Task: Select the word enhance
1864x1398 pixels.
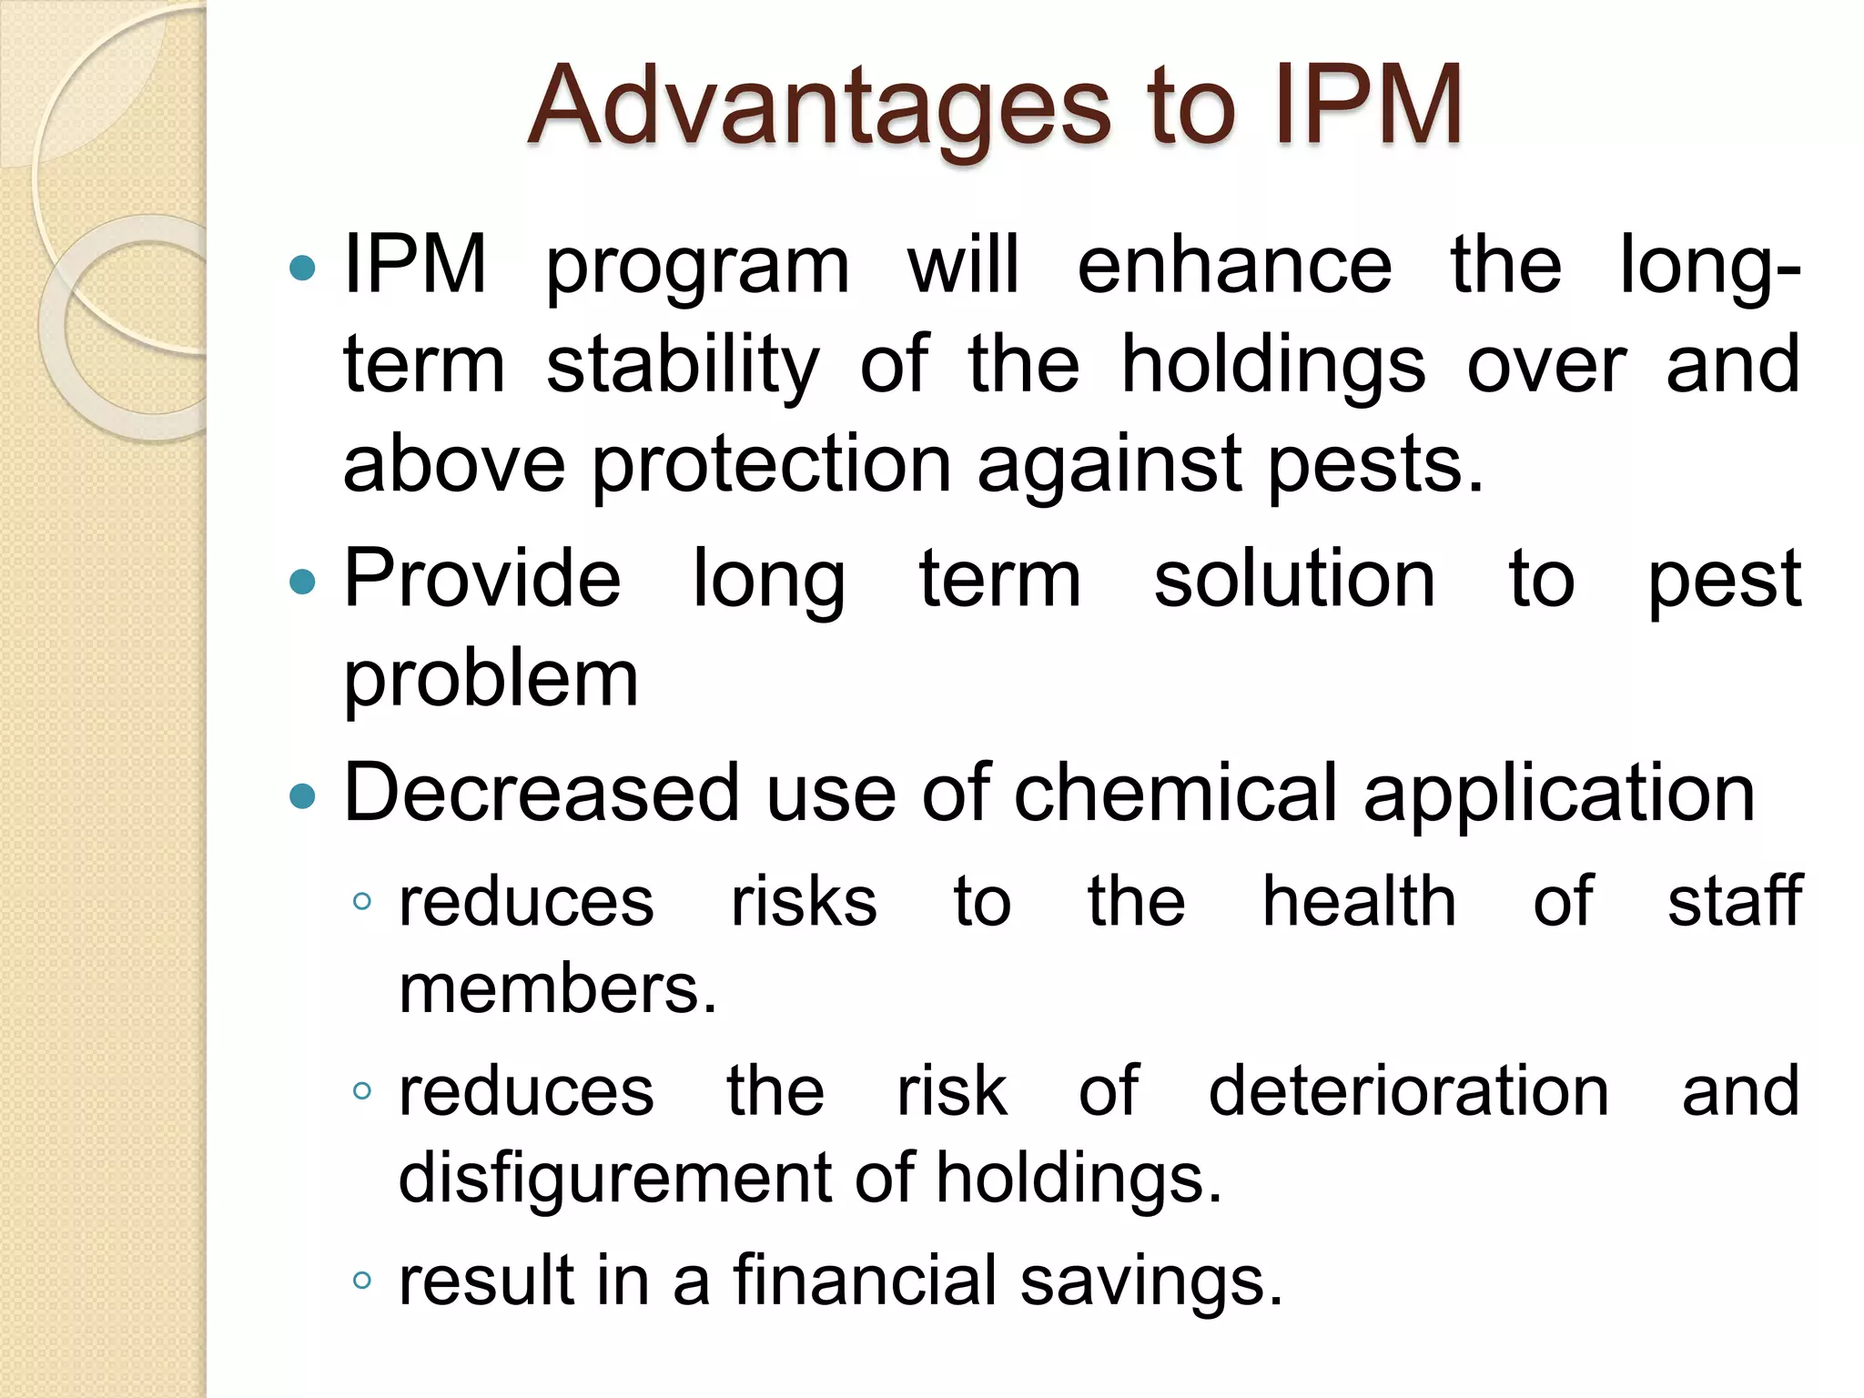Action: coord(1234,265)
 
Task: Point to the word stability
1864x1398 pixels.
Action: coord(683,366)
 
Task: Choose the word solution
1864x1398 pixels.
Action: coord(1294,579)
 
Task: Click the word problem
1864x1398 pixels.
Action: coord(491,681)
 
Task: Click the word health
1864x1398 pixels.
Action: coord(1359,901)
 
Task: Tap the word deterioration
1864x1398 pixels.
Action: coord(1408,1090)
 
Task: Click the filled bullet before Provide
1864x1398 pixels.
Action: coord(301,581)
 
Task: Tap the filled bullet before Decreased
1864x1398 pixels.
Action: coord(301,796)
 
